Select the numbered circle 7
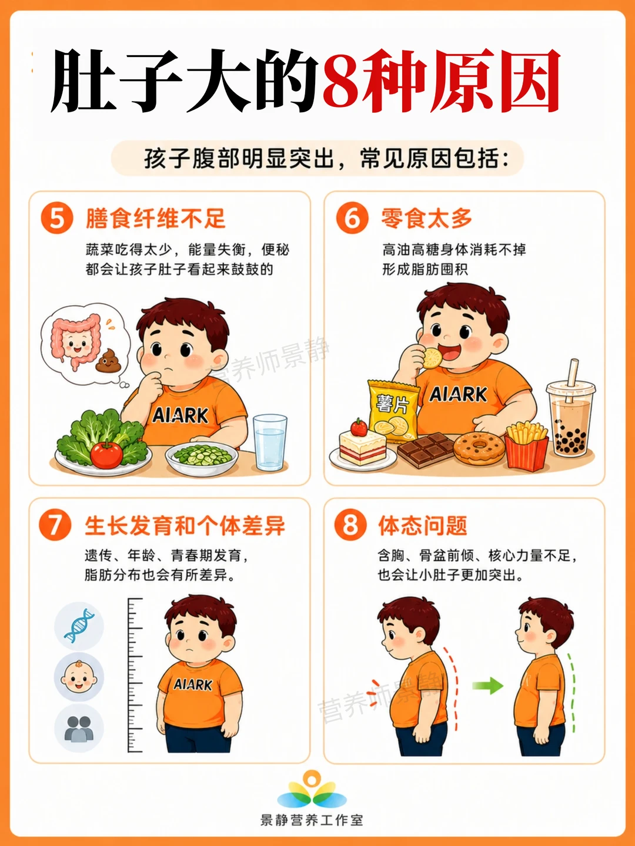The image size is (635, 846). pos(55,525)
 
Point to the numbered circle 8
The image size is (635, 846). pos(350,525)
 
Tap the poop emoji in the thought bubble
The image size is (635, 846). pos(108,361)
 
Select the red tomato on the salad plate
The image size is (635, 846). pos(106,454)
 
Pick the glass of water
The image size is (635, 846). pos(270,442)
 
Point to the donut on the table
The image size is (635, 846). pos(479,448)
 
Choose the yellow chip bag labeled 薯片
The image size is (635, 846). pos(393,410)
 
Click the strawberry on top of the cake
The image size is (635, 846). pos(359,427)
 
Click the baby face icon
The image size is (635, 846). pos(79,677)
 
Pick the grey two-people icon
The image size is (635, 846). pos(79,728)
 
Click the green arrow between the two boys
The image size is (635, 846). pos(488,686)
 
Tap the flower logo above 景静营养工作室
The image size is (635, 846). pos(312,790)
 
